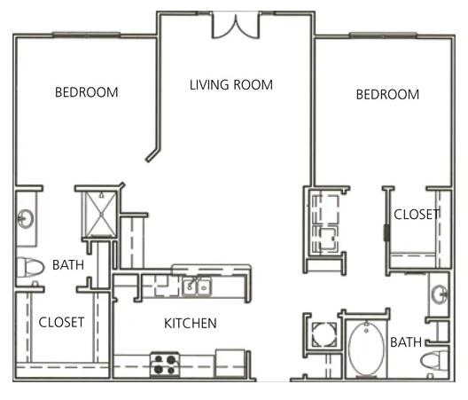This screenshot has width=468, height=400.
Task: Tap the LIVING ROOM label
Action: click(x=231, y=85)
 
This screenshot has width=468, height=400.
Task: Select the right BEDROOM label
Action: click(x=387, y=95)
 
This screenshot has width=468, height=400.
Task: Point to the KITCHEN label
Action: click(x=190, y=324)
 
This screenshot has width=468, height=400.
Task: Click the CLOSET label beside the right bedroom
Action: click(x=417, y=214)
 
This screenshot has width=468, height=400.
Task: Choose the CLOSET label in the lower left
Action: click(x=61, y=322)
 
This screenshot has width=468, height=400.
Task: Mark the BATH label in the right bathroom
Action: click(x=405, y=341)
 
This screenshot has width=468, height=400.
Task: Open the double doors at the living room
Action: click(x=236, y=26)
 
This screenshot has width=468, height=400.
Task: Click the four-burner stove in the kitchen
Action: click(x=164, y=364)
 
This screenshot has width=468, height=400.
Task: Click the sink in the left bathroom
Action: click(x=26, y=218)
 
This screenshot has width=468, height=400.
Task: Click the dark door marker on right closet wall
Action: click(x=386, y=233)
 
